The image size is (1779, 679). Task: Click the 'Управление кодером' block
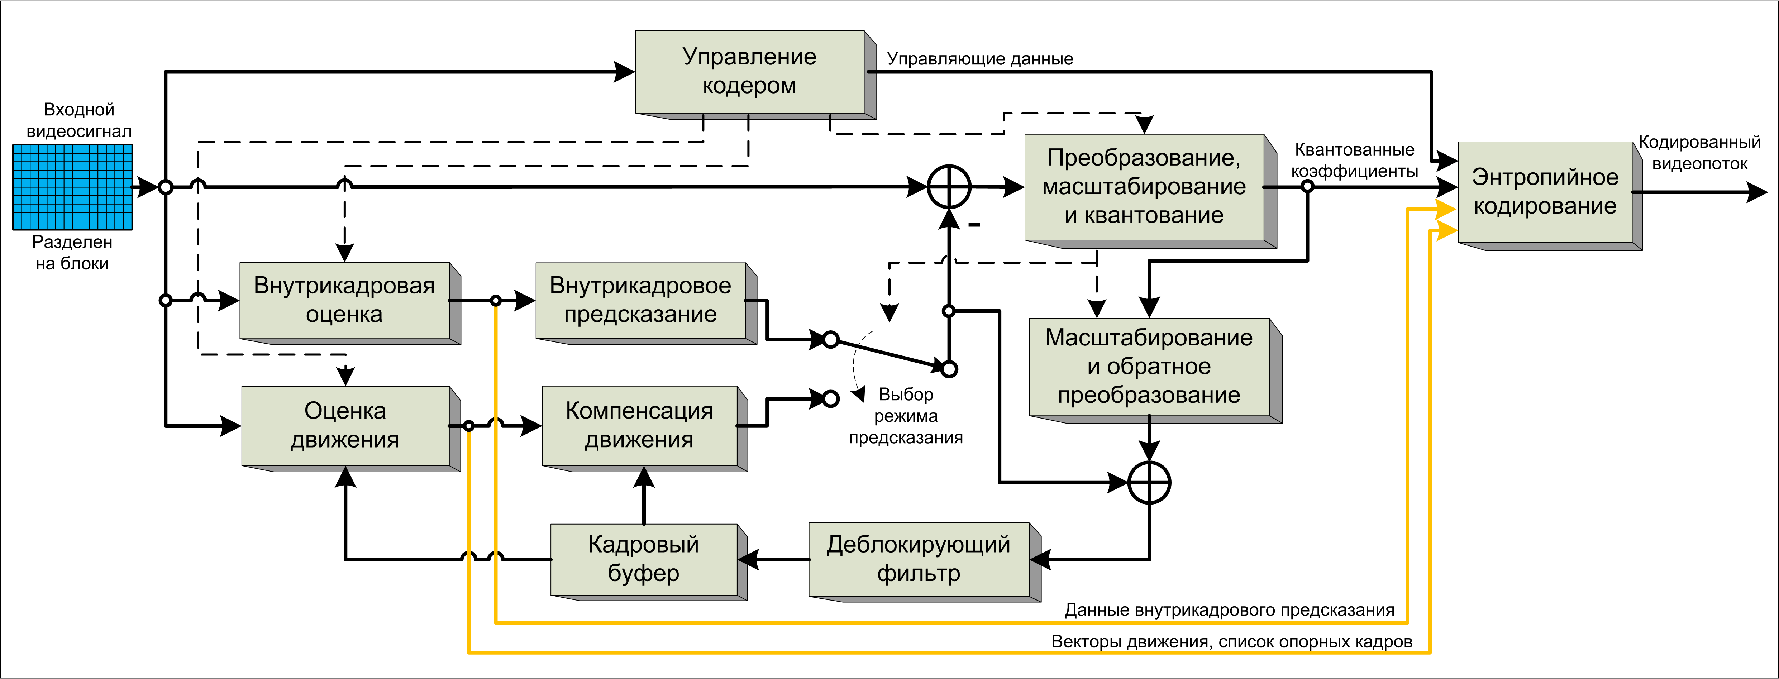[x=750, y=72]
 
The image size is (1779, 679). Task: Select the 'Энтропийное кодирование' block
[x=1546, y=192]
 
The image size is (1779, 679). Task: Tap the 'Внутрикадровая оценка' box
[x=345, y=301]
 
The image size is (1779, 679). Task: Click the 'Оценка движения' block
[x=345, y=426]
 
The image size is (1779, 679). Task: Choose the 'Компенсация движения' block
[x=639, y=426]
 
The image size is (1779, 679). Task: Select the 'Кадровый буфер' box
[x=644, y=559]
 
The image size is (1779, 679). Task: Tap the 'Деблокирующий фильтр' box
[x=919, y=559]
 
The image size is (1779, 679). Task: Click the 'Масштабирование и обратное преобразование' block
[x=1149, y=367]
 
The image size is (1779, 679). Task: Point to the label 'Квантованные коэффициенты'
[x=1354, y=160]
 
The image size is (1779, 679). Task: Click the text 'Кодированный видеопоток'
[x=1699, y=153]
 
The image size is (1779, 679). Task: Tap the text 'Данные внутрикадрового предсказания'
[x=1229, y=610]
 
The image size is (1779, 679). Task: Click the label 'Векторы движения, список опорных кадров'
[x=1231, y=642]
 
